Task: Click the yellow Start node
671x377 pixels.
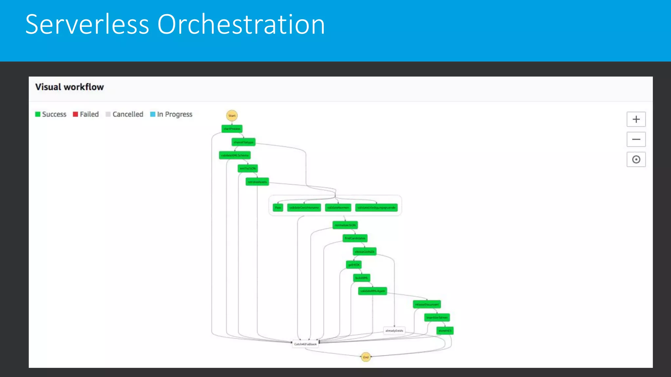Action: (232, 116)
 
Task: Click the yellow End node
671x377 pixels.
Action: (366, 357)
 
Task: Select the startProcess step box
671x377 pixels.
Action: (232, 129)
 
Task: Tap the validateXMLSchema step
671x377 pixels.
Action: (235, 155)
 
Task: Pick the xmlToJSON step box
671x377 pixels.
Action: (248, 169)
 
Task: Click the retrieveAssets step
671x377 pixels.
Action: (257, 182)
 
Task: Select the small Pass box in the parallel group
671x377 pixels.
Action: (278, 207)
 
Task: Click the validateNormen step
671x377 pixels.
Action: (338, 207)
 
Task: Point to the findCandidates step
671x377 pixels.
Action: (355, 238)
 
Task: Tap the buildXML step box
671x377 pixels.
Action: (361, 278)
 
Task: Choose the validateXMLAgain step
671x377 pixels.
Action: (373, 291)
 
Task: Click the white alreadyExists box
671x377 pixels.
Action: (394, 331)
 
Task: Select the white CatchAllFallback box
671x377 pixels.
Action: (305, 344)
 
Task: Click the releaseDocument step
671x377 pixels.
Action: (427, 304)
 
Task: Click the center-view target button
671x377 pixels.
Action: (636, 160)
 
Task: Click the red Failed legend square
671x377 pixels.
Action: (75, 114)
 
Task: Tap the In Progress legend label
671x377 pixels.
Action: (174, 114)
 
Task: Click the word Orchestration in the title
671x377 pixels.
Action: (241, 25)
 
